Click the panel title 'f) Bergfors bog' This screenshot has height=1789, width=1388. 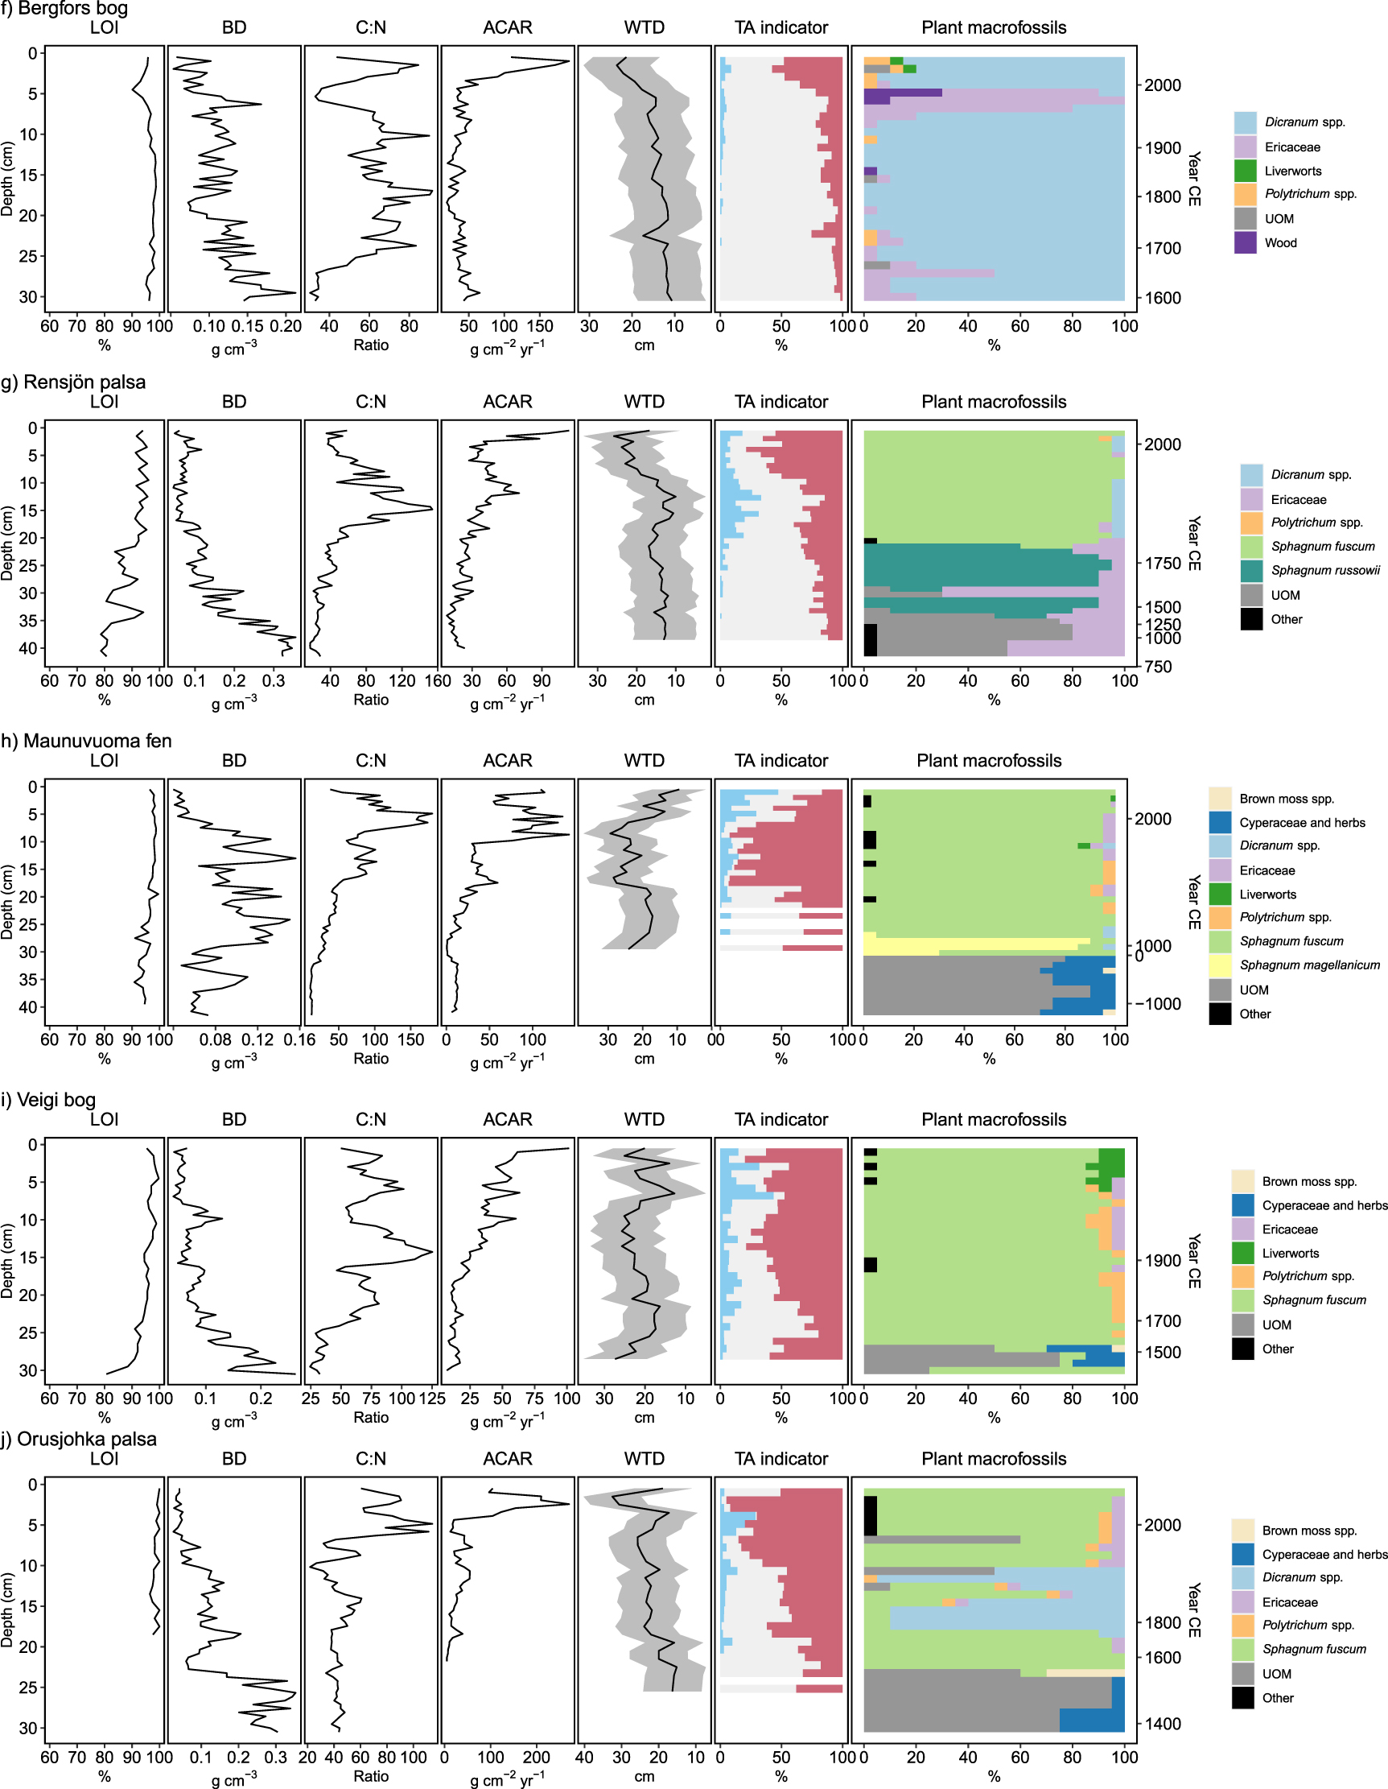pyautogui.click(x=64, y=9)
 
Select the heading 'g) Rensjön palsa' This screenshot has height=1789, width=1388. pyautogui.click(x=74, y=382)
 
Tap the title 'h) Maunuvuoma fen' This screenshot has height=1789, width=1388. pyautogui.click(x=87, y=741)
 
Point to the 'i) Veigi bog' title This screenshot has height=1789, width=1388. pyautogui.click(x=48, y=1099)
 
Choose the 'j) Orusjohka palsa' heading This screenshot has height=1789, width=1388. pyautogui.click(x=79, y=1440)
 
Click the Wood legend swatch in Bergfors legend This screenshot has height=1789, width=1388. pyautogui.click(x=1245, y=242)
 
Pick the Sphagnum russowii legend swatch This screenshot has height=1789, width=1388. pyautogui.click(x=1251, y=571)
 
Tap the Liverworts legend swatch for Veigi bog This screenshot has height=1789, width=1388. pyautogui.click(x=1242, y=1254)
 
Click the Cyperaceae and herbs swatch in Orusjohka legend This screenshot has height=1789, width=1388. pyautogui.click(x=1242, y=1555)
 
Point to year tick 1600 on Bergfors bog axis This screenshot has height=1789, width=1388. pyautogui.click(x=1164, y=297)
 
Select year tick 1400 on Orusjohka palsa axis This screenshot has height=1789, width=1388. pyautogui.click(x=1164, y=1724)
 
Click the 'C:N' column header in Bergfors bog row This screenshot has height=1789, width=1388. pyautogui.click(x=370, y=28)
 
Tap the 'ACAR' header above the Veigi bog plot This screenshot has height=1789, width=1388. pyautogui.click(x=507, y=1120)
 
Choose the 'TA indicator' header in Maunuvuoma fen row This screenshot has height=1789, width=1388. pyautogui.click(x=780, y=761)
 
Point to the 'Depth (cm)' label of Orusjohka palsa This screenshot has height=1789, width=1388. pyautogui.click(x=7, y=1609)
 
